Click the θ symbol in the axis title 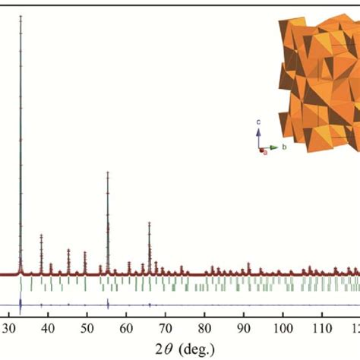pos(169,348)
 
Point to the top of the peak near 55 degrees pos(108,173)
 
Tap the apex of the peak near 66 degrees pos(150,223)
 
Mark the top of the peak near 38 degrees pos(41,235)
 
